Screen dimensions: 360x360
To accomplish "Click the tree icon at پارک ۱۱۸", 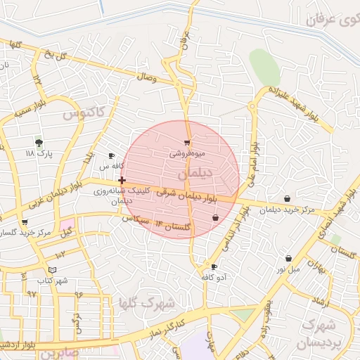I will (x=39, y=142).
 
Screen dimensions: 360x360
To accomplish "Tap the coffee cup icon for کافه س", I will (x=111, y=155).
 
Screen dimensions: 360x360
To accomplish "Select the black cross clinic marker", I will (x=122, y=181).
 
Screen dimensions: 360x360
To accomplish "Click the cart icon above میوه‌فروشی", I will (x=187, y=143).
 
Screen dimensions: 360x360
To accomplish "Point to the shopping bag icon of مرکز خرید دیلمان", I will (x=287, y=198).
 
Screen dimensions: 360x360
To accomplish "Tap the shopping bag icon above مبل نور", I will (x=288, y=259).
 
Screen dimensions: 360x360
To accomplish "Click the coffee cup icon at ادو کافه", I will (x=214, y=267).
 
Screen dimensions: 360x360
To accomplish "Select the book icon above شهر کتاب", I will (x=52, y=270).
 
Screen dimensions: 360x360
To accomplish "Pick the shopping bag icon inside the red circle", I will (x=214, y=219).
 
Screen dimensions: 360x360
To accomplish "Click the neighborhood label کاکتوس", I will (x=83, y=112).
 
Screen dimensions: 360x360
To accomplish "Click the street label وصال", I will (x=146, y=75).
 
